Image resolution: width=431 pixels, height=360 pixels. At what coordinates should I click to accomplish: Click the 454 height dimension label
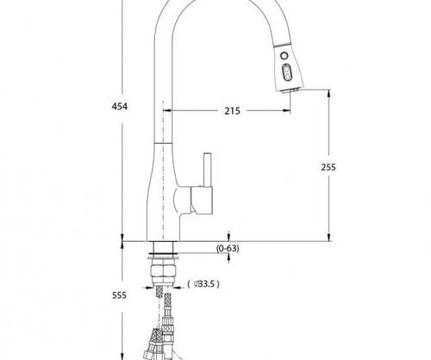coord(119,107)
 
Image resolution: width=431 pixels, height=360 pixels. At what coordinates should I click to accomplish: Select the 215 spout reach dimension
coord(232,111)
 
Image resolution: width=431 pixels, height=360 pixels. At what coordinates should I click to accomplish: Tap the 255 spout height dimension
coord(328,167)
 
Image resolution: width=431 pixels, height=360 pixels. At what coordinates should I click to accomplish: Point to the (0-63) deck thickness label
coord(228,248)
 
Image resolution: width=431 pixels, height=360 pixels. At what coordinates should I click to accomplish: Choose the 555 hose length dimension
coord(119,295)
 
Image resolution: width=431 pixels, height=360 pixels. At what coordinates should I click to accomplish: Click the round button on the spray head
coord(284,55)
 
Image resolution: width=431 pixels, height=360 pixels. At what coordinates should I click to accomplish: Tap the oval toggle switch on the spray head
coord(286,72)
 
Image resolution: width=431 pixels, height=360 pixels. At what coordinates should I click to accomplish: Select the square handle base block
coord(202,201)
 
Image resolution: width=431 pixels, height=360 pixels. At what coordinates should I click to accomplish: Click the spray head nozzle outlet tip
coord(290,90)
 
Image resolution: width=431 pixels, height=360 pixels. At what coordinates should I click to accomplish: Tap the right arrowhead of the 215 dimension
coord(287,110)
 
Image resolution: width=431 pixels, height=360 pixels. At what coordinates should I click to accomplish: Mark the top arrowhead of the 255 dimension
coord(329,93)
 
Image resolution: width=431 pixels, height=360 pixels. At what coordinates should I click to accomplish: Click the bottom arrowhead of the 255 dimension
coord(329,238)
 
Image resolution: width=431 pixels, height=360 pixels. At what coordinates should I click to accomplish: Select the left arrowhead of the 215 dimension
coord(167,110)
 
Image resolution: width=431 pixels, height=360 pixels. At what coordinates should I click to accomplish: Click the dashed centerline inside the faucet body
coord(163,170)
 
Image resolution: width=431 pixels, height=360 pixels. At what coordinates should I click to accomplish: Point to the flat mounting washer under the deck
coord(163,259)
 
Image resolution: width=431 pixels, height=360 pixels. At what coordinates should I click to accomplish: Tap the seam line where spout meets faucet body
coord(163,143)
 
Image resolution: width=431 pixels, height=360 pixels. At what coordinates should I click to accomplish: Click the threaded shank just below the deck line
coord(163,247)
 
